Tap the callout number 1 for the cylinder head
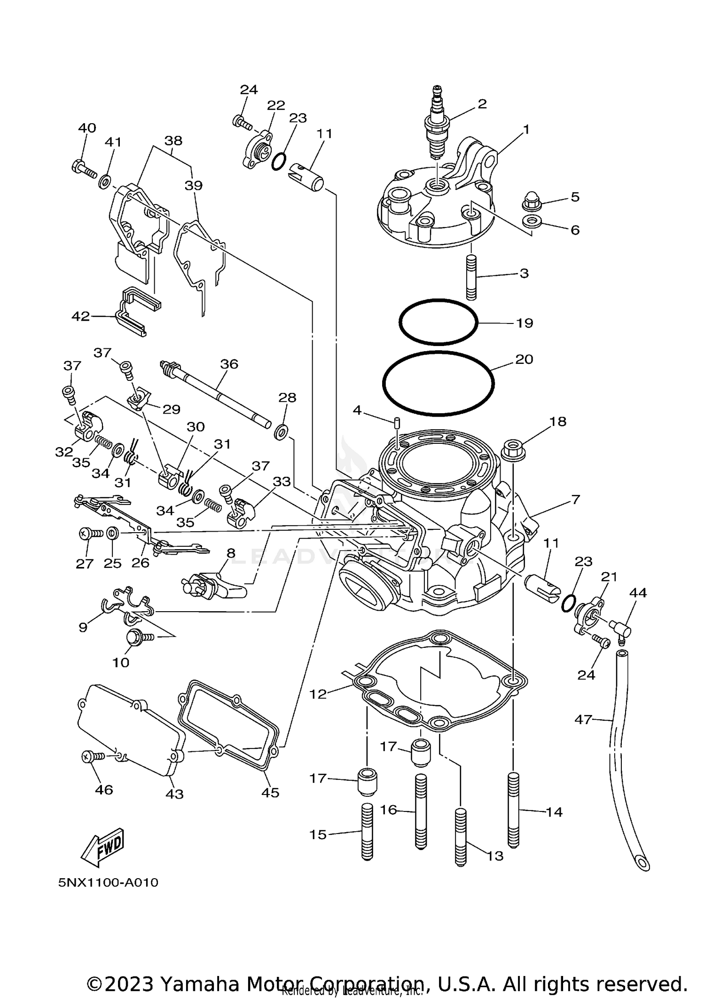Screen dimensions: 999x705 tap(526, 129)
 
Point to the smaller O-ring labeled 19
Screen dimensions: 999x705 tap(438, 323)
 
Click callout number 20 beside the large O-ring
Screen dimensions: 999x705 tap(524, 359)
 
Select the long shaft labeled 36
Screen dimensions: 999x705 tap(216, 395)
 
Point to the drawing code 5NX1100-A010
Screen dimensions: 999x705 tap(108, 882)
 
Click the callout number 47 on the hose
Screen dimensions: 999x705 tap(583, 719)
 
